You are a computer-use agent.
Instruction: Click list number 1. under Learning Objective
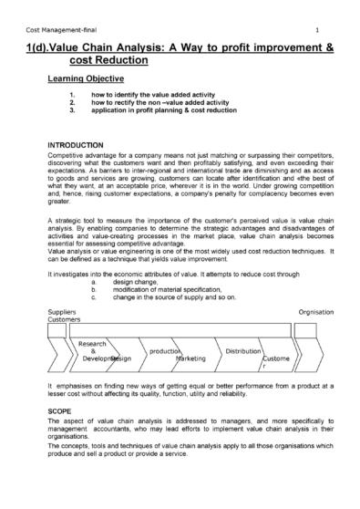click(72, 94)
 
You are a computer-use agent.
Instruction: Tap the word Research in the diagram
click(94, 344)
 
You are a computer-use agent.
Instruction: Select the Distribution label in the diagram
click(243, 351)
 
